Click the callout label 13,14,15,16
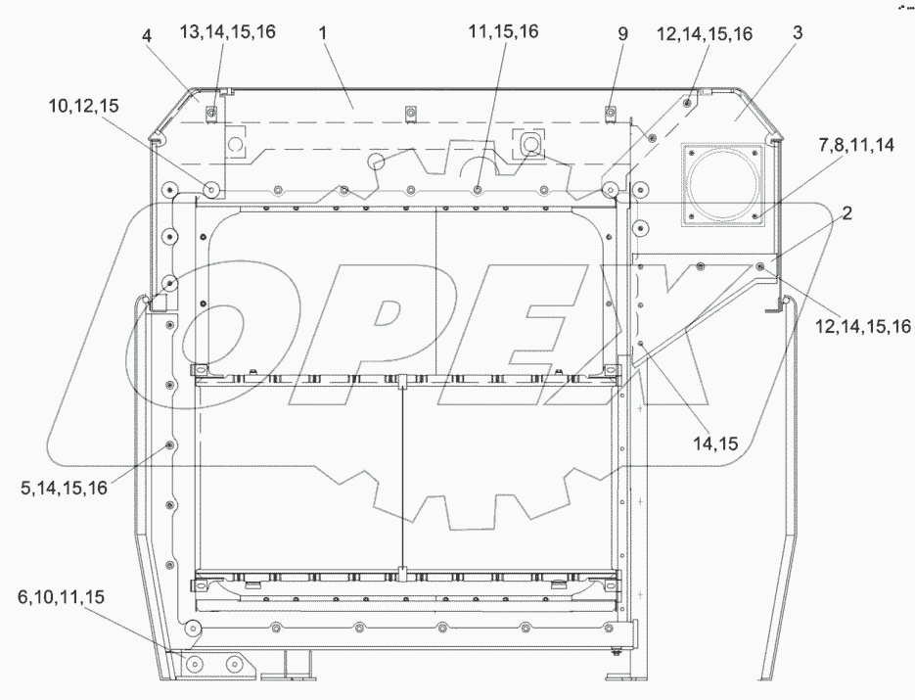[228, 31]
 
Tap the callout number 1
[323, 32]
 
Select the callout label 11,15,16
[503, 31]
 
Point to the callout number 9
[622, 33]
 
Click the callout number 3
[798, 32]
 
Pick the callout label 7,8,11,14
[856, 145]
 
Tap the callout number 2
[846, 212]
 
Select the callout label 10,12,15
[84, 106]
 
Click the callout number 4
[147, 35]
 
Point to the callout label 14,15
[715, 443]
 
